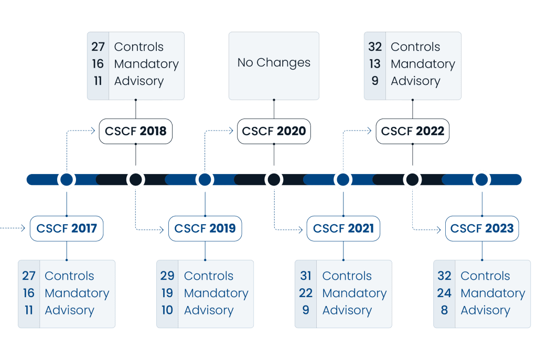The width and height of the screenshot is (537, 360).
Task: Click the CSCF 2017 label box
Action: tap(67, 228)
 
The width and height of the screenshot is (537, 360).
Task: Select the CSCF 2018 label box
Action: tap(136, 131)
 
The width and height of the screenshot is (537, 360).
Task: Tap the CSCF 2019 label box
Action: tap(205, 228)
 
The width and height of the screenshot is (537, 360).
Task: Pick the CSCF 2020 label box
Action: tap(274, 131)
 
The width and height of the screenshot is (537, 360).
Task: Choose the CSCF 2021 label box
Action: tap(343, 228)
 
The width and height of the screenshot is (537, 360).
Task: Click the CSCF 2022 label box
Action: tap(413, 131)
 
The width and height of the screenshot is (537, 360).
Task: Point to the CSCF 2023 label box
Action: tap(482, 228)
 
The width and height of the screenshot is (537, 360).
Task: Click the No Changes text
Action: tap(274, 63)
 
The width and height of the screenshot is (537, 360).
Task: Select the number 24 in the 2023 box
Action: tap(444, 293)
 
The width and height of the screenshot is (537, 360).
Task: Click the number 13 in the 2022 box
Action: tap(375, 64)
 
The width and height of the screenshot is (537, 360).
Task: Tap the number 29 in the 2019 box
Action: tap(167, 276)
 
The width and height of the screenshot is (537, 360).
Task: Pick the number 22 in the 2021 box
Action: tap(306, 293)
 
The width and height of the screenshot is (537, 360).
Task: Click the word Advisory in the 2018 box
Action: tap(139, 81)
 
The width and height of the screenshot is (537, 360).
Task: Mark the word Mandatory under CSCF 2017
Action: tap(77, 293)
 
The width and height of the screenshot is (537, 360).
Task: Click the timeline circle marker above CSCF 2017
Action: tap(67, 180)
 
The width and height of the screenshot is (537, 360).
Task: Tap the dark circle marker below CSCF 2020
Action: tap(274, 180)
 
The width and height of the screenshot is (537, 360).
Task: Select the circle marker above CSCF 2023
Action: tap(482, 180)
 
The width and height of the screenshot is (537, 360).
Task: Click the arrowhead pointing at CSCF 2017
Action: tap(23, 228)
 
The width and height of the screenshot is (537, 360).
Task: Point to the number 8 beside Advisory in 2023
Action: tap(444, 310)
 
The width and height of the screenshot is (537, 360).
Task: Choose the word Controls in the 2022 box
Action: tap(415, 47)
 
